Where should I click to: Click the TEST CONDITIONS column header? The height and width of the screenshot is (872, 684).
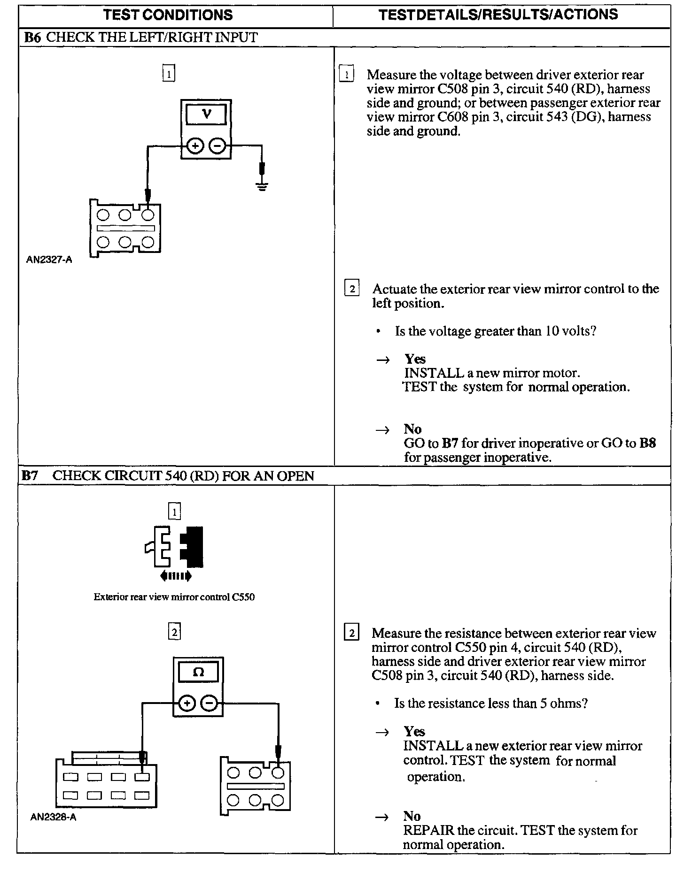coord(168,15)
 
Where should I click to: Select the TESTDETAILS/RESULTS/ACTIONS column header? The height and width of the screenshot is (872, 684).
coord(498,15)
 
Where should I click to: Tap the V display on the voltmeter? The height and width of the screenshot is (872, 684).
coord(206,114)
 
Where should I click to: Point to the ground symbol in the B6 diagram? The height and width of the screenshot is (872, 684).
coord(262,187)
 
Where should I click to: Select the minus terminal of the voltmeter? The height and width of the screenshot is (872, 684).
coord(218,146)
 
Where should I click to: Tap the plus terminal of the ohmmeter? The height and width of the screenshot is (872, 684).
coord(187,703)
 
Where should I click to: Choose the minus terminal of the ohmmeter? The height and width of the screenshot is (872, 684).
coord(210,703)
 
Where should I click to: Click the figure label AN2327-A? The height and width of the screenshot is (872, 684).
coord(49,260)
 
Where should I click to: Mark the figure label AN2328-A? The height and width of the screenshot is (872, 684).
coord(53,817)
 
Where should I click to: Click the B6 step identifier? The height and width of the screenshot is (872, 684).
coord(32,37)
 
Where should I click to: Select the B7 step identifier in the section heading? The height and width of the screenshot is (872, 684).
coord(30,475)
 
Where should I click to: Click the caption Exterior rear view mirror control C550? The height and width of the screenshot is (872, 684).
coord(174,597)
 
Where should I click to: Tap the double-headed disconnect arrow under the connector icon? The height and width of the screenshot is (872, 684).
coord(176,575)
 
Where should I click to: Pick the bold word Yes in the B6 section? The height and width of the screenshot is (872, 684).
coord(415,359)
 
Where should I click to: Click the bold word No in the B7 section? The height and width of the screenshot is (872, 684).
coord(412,816)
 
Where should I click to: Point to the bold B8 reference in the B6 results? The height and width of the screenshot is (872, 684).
coord(648,443)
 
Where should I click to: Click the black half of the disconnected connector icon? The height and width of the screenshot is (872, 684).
coord(192,546)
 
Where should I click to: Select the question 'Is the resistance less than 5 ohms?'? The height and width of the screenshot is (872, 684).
coord(490,703)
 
